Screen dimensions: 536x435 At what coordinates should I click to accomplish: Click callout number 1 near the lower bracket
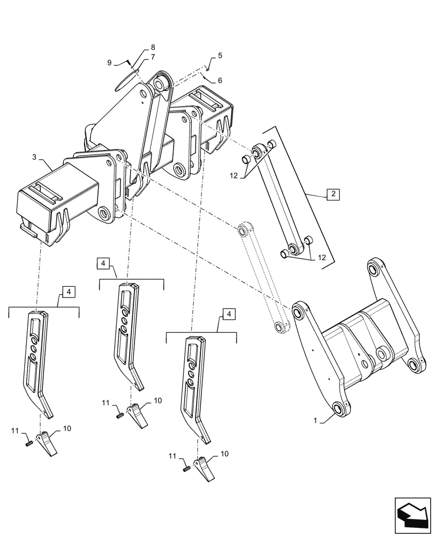(x=316, y=422)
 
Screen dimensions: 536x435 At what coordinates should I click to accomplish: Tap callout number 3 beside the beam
(x=34, y=157)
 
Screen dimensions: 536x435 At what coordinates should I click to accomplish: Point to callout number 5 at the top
(x=220, y=56)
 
